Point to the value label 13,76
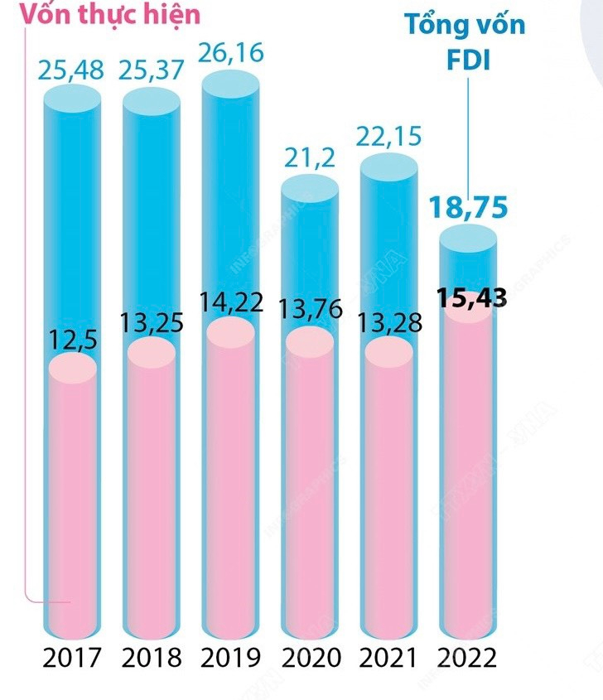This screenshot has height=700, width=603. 310,311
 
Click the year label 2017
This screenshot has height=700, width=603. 72,658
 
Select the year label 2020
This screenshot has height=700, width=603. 311,658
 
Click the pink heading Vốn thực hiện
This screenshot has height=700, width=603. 101,14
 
